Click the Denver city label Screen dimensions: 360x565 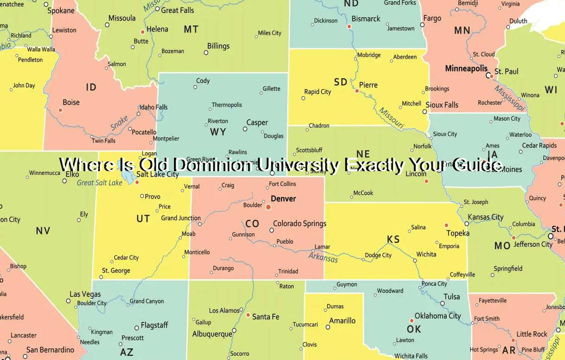click(283, 199)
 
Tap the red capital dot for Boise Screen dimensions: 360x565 click(60, 110)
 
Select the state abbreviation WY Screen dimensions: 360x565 click(218, 132)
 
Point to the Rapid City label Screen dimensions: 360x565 click(318, 92)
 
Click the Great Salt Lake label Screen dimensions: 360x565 click(99, 183)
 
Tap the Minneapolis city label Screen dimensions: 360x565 click(466, 69)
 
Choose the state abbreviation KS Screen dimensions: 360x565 click(393, 239)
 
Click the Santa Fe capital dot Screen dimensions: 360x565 click(248, 315)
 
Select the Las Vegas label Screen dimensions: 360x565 click(85, 294)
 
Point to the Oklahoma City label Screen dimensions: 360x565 click(438, 316)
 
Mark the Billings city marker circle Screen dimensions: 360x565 click(206, 52)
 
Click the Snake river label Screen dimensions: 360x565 click(119, 123)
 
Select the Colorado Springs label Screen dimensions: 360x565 click(300, 224)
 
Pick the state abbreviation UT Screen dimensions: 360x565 click(143, 218)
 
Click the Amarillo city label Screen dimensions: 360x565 click(342, 321)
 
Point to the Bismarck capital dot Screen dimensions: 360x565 click(349, 26)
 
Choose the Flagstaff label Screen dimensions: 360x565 click(154, 325)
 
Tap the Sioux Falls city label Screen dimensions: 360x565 click(442, 105)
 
